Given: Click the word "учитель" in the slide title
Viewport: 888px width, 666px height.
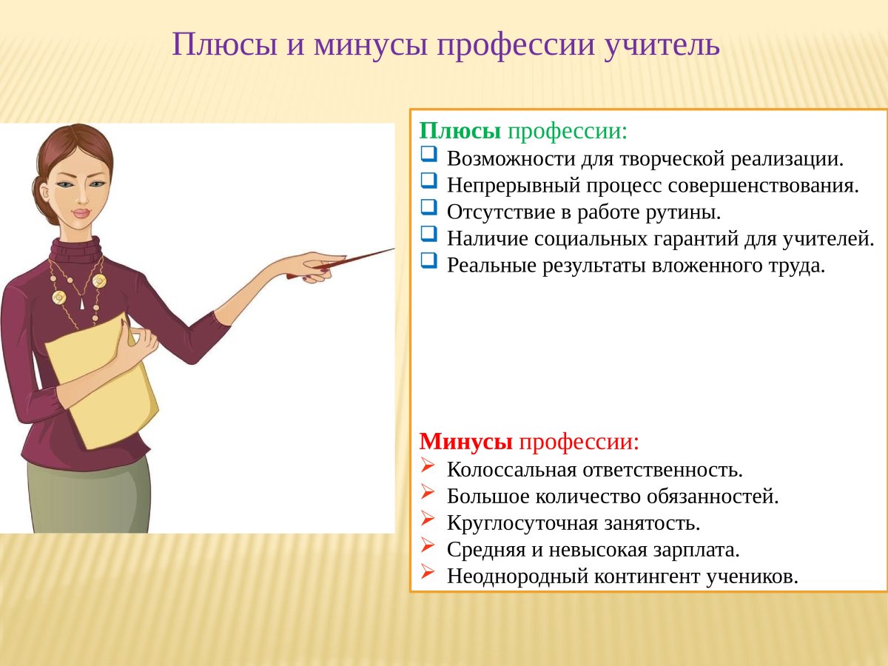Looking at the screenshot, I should coord(662,45).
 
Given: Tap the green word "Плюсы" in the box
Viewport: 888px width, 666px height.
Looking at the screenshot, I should coord(460,131).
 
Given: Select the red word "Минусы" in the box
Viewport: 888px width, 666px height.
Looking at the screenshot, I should coord(466,442).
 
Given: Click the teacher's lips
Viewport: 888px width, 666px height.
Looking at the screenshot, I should coord(81,213).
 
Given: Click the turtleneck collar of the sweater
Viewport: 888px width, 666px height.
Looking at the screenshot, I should coord(76,249).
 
